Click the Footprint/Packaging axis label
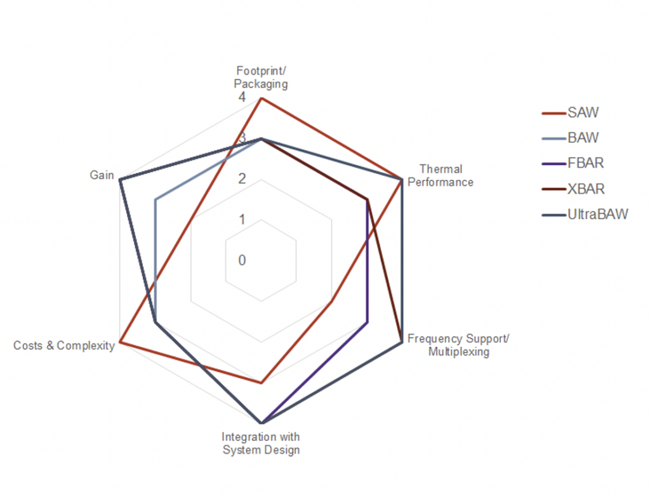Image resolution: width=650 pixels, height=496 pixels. [261, 77]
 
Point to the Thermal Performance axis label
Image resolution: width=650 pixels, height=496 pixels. [441, 176]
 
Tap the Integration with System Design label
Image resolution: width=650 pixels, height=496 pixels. [260, 443]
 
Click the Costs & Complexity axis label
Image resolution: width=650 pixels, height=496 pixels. [64, 345]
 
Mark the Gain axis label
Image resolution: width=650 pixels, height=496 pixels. [102, 175]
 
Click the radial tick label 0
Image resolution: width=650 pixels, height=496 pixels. [242, 260]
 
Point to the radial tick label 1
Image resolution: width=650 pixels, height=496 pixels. [242, 220]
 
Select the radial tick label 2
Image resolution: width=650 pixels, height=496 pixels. [242, 179]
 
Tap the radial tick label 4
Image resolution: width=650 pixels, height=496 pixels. [242, 98]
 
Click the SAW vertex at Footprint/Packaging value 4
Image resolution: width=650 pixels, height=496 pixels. [261, 98]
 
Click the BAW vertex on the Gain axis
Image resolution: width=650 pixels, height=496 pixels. [156, 200]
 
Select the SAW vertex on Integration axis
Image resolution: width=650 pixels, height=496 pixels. [261, 383]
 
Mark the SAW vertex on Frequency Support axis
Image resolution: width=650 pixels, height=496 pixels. [331, 302]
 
